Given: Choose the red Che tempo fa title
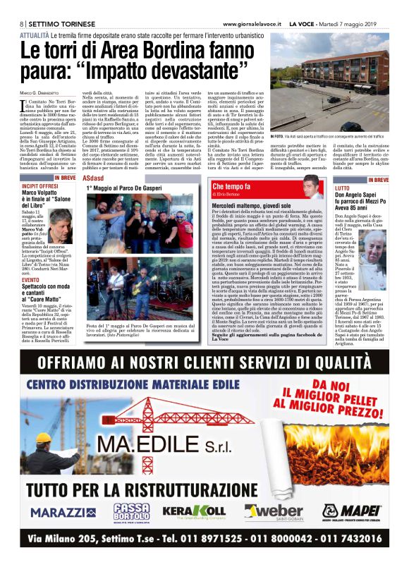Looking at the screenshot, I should pos(236,186).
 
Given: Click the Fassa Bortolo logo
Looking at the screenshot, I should pos(132,511).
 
